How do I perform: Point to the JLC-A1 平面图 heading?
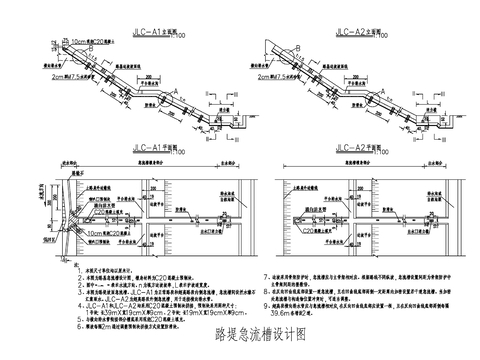pos(155,145)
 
